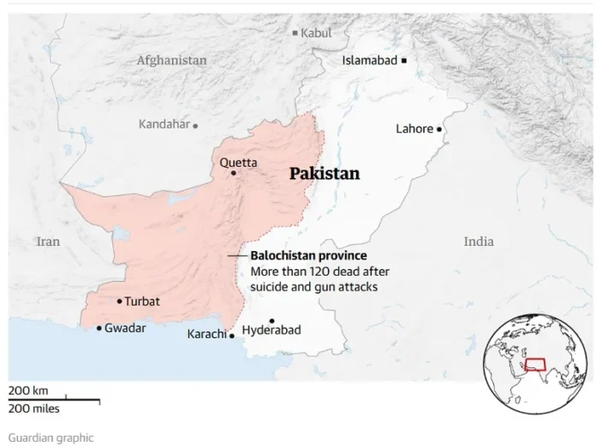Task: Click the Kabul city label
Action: pos(316,33)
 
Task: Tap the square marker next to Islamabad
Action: pos(404,60)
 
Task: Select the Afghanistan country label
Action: pos(171,61)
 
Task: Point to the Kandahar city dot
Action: pos(195,125)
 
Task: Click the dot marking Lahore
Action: pos(439,129)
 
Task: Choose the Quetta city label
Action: pos(237,162)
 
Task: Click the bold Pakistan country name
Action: pos(324,174)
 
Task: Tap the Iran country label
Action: pos(48,241)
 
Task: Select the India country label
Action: pos(479,241)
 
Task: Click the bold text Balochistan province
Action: pos(308,256)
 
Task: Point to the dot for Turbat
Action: pos(119,301)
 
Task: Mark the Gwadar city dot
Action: pos(99,328)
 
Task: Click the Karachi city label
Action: pos(206,334)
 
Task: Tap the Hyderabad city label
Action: pos(271,330)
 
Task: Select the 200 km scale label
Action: pos(28,390)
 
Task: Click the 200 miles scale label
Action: pos(34,408)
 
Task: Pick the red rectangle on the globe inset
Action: pos(535,364)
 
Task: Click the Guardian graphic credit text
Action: pos(51,437)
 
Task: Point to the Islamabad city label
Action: pos(370,61)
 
